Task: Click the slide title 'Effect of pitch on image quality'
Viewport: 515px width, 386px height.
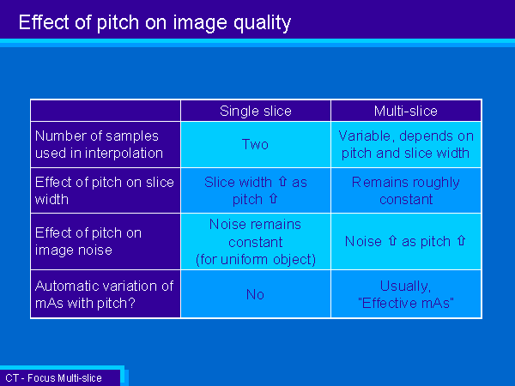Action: click(154, 22)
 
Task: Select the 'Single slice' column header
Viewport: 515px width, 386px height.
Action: click(256, 111)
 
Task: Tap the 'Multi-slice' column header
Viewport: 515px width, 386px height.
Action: click(406, 111)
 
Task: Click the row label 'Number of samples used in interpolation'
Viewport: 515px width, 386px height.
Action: click(99, 144)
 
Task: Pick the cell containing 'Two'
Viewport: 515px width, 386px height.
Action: click(255, 144)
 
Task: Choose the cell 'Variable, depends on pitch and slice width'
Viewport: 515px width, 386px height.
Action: click(406, 144)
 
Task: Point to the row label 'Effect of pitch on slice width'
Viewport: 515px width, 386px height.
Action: click(105, 190)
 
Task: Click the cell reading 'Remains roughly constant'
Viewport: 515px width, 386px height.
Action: click(406, 190)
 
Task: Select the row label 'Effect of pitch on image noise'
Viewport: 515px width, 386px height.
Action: click(88, 241)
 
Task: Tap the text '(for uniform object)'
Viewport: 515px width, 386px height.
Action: click(256, 259)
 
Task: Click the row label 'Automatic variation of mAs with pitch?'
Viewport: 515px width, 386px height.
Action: click(104, 294)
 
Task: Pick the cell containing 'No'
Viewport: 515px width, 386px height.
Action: click(255, 294)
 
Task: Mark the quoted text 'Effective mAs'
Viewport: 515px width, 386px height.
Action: click(406, 303)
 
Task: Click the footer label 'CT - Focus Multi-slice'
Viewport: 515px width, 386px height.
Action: click(53, 378)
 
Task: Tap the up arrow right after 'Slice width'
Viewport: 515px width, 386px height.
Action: click(282, 182)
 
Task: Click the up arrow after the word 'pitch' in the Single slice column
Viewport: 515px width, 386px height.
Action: click(273, 199)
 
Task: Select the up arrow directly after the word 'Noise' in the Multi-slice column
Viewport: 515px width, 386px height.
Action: click(392, 240)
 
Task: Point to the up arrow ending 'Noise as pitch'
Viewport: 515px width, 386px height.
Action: click(461, 240)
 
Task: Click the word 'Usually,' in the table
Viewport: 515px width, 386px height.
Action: click(405, 286)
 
